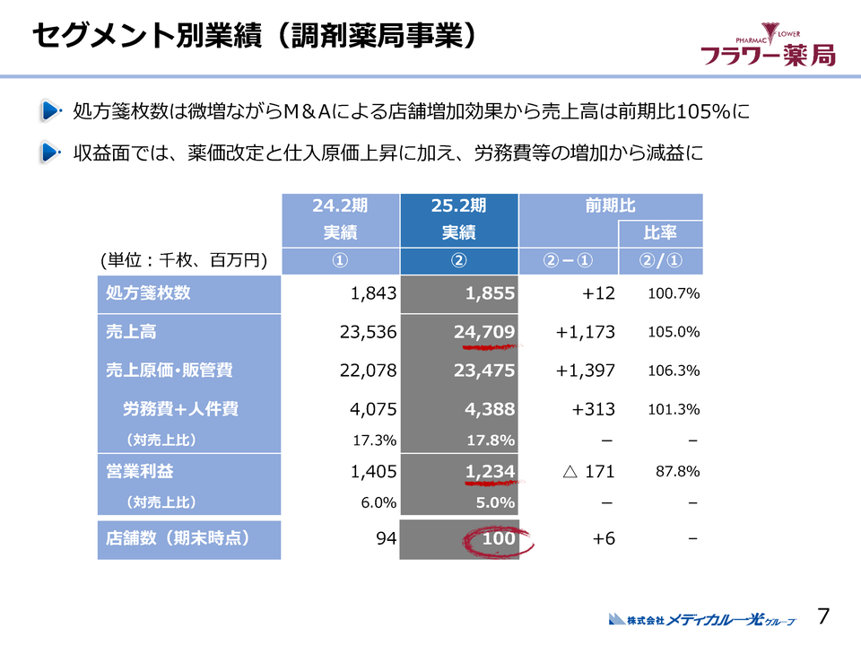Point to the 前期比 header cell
(610, 205)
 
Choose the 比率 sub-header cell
(660, 233)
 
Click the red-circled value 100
(498, 539)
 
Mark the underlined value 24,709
(484, 333)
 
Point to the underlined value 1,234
(490, 471)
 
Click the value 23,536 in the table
(369, 333)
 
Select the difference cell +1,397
(585, 371)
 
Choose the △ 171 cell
(586, 471)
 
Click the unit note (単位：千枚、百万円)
(185, 260)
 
